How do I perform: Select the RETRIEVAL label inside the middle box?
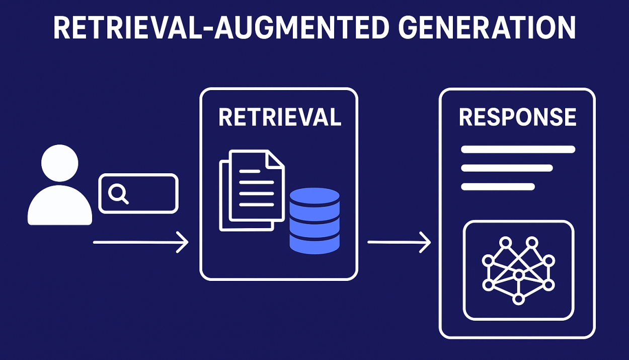[x=279, y=117]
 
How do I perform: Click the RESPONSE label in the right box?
[x=517, y=117]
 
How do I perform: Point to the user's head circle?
[x=59, y=163]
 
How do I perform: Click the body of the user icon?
[x=59, y=206]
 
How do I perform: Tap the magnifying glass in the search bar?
[x=118, y=193]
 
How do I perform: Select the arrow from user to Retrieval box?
[x=140, y=243]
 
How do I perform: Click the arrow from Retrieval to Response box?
[x=399, y=243]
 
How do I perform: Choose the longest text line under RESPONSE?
[x=518, y=149]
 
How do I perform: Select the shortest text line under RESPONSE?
[x=498, y=187]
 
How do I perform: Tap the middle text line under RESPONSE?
[x=507, y=168]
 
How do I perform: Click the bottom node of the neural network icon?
[x=518, y=299]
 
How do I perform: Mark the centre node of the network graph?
[x=518, y=275]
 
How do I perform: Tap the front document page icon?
[x=256, y=186]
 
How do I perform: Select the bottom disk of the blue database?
[x=314, y=244]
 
